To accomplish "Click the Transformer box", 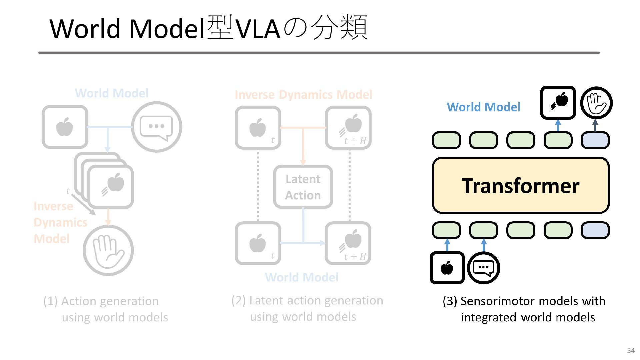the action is tap(521, 185).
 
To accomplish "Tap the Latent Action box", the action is tap(303, 187).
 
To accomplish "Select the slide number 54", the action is tap(631, 350).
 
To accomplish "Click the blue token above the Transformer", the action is tap(595, 140).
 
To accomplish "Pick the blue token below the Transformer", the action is tap(595, 230).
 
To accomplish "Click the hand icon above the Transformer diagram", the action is tap(596, 103).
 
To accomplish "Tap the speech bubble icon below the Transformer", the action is tap(484, 268).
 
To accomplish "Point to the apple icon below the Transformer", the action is tap(447, 268).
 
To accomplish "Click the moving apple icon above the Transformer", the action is tap(558, 102).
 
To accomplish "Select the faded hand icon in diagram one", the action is tap(108, 250).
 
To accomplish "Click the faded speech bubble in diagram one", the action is tap(157, 127).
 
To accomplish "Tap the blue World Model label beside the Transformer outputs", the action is tap(483, 107).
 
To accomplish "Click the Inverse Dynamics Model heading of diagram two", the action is tap(303, 95).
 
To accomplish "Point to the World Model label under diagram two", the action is tap(302, 277).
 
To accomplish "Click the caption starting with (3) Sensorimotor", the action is tap(524, 309).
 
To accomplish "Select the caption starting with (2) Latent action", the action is tap(307, 308).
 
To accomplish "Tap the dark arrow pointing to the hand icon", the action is tap(595, 126).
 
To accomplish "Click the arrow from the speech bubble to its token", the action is tap(484, 245).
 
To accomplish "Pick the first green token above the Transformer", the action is tap(447, 140).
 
